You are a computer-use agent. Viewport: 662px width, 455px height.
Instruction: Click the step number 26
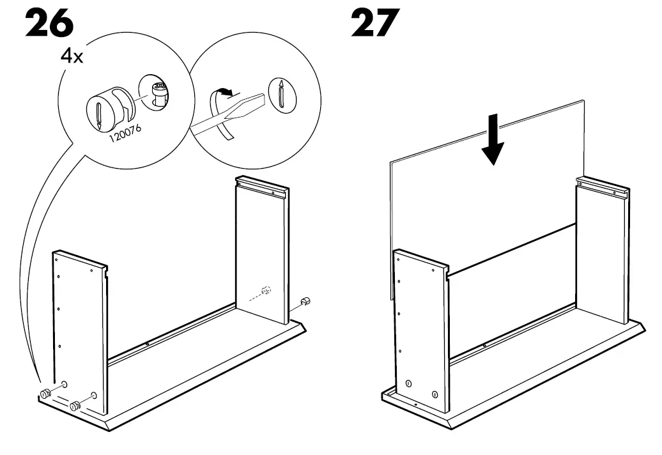click(x=49, y=24)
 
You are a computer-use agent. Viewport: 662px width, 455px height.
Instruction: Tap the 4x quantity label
click(x=71, y=56)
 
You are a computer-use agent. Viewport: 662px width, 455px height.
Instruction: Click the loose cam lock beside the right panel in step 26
click(x=305, y=300)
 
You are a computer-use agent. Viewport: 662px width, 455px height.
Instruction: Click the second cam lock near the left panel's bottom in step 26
click(x=75, y=405)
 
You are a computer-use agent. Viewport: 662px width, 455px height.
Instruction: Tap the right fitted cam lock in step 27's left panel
click(x=435, y=394)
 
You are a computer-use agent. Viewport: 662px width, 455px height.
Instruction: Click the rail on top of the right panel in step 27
click(x=603, y=187)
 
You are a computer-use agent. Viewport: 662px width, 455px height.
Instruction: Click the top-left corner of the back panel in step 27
click(x=392, y=162)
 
